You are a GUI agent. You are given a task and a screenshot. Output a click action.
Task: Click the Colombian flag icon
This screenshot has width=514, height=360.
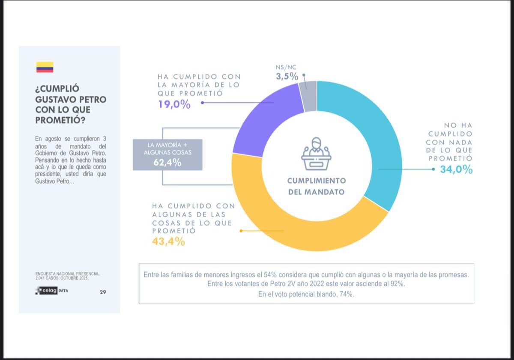tap(45, 67)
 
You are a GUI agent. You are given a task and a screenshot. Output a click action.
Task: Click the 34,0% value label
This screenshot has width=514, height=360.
tap(456, 170)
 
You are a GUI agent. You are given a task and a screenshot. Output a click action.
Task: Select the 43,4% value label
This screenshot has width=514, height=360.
tap(168, 241)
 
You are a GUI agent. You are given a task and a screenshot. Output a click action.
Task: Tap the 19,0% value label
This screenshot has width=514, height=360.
tap(174, 104)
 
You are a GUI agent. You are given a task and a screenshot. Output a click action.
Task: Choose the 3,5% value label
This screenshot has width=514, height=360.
tap(287, 76)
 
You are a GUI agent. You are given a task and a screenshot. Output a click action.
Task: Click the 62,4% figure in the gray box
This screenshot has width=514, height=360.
tap(167, 162)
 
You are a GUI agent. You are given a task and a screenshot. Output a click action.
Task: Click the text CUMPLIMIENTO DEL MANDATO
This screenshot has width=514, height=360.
tap(316, 187)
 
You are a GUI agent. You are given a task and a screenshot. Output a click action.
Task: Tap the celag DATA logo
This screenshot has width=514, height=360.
tap(51, 291)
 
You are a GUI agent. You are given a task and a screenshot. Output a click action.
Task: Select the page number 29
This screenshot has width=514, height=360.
tap(103, 292)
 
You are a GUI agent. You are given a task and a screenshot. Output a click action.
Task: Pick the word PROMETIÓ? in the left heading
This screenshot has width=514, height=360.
tap(60, 120)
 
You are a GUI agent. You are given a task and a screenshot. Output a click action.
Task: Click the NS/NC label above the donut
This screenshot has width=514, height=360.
tap(286, 67)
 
